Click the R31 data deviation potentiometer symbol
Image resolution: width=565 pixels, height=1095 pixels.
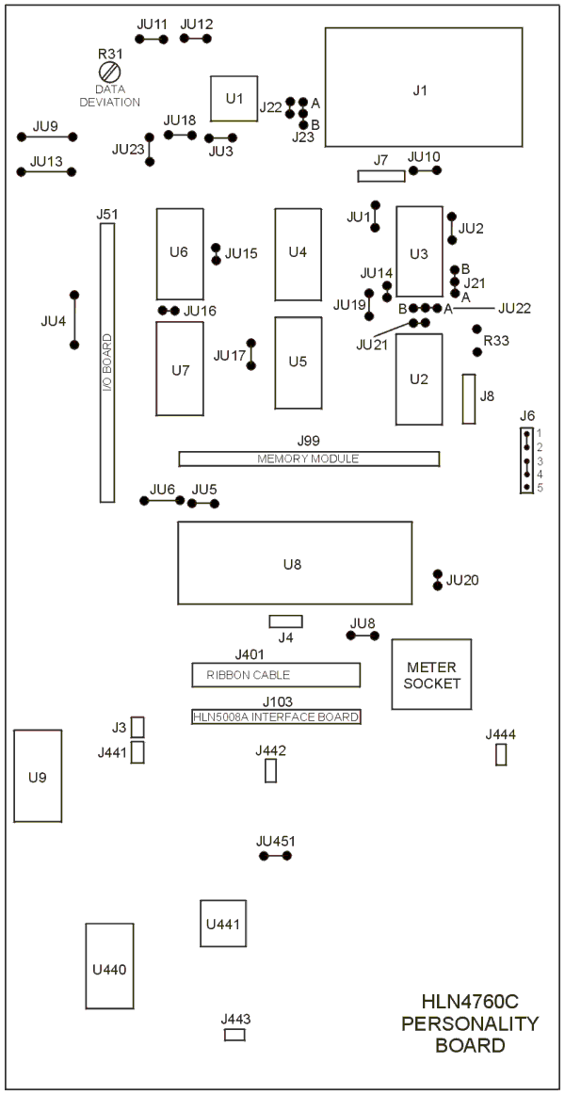(x=111, y=72)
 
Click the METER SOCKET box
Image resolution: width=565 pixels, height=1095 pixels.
(x=431, y=674)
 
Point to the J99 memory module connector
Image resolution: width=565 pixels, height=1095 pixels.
(x=309, y=459)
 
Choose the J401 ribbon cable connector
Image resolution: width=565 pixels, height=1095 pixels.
(x=276, y=675)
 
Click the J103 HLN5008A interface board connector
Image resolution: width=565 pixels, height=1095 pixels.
(x=276, y=717)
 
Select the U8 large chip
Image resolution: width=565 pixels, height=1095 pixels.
(x=294, y=563)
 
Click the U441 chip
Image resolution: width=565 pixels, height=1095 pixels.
(x=224, y=924)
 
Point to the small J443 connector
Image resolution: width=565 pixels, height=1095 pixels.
(x=234, y=1035)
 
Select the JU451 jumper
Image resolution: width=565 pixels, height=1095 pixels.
(x=275, y=856)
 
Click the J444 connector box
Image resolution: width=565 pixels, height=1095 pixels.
(x=501, y=754)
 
